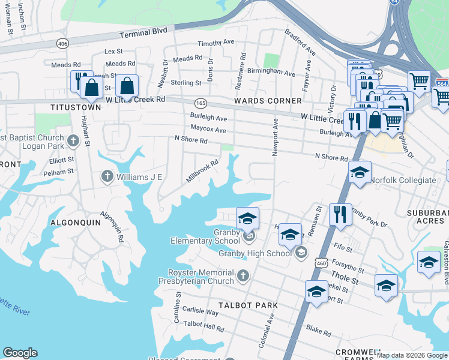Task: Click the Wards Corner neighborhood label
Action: point(268,101)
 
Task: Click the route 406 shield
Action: point(62,44)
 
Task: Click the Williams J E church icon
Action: point(107,176)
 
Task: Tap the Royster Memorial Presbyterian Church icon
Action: point(243,275)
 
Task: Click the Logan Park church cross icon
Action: point(73,142)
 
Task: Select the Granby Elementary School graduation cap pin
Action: point(247,218)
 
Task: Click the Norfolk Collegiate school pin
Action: point(360,172)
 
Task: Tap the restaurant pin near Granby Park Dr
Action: point(340,214)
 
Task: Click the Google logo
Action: point(20,353)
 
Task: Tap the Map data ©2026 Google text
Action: point(411,355)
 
